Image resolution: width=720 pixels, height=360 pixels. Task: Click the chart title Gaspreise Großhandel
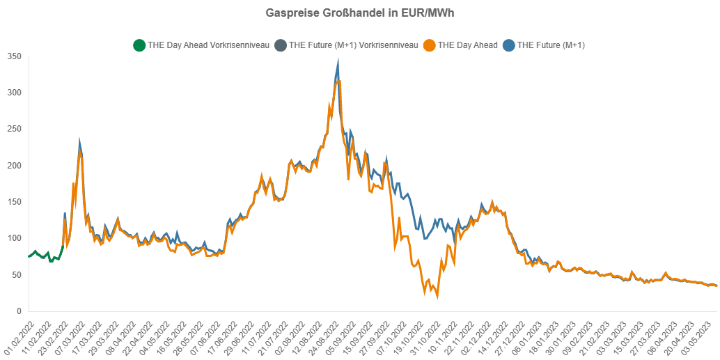[x=360, y=13]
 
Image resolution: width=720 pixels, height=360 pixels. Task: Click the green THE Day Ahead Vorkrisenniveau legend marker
[x=139, y=46]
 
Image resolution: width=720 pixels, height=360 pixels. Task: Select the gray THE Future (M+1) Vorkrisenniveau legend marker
[x=281, y=46]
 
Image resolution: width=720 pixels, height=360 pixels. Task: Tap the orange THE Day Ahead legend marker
[x=430, y=46]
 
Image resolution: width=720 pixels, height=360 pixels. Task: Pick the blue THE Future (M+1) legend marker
[x=509, y=46]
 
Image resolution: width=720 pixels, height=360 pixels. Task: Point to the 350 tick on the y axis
[x=13, y=56]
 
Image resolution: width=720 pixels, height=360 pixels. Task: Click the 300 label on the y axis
[x=13, y=93]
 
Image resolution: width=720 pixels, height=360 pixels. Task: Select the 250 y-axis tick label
[x=13, y=129]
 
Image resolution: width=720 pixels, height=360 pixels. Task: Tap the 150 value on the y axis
[x=13, y=202]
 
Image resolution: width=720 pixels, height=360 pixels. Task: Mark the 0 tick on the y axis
[x=19, y=311]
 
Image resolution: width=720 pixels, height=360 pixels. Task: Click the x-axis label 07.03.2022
[x=71, y=335]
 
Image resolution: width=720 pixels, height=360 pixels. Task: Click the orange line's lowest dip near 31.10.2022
[x=437, y=297]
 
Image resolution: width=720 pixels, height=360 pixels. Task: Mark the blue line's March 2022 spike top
[x=80, y=143]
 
